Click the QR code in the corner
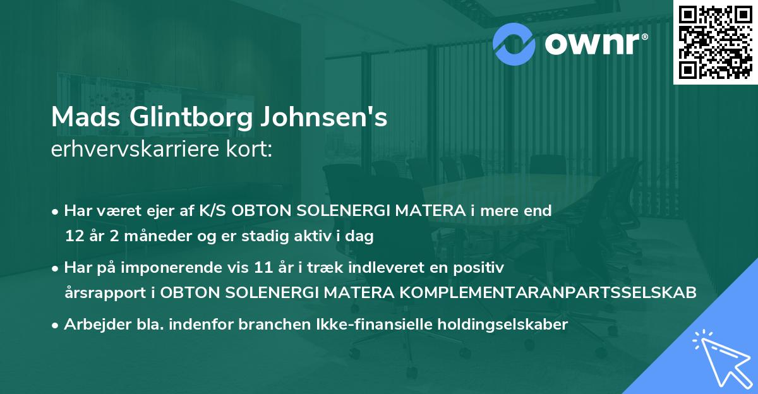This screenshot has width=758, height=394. click(x=716, y=42)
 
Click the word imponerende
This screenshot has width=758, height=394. click(x=194, y=268)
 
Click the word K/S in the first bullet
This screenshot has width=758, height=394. click(x=214, y=211)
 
